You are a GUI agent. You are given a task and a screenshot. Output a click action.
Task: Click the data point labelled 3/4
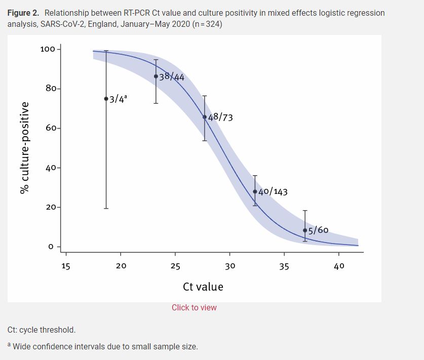(106, 99)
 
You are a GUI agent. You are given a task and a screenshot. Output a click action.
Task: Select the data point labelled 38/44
(156, 76)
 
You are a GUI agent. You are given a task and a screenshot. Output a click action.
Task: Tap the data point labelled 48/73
(205, 117)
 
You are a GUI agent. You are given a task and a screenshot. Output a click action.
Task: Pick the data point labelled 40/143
(255, 191)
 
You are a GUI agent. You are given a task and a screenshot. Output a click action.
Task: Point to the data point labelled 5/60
(305, 230)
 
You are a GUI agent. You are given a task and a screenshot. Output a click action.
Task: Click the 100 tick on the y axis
(47, 49)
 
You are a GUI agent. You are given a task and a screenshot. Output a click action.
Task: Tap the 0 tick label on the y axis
(51, 247)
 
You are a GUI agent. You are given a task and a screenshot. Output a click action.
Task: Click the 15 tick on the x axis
(66, 266)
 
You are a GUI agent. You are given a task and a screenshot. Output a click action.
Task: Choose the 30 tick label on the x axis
(229, 266)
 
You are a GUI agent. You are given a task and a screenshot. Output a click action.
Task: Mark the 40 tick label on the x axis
(339, 266)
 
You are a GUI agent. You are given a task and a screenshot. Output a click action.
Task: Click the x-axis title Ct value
(203, 287)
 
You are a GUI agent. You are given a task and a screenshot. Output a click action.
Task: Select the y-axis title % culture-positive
(24, 147)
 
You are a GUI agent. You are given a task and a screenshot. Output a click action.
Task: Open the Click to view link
(194, 308)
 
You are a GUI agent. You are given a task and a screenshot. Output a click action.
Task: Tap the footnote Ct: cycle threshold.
(42, 330)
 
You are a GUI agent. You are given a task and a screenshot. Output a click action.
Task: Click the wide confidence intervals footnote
(105, 347)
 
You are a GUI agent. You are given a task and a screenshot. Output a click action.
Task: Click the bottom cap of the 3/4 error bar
(106, 208)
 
